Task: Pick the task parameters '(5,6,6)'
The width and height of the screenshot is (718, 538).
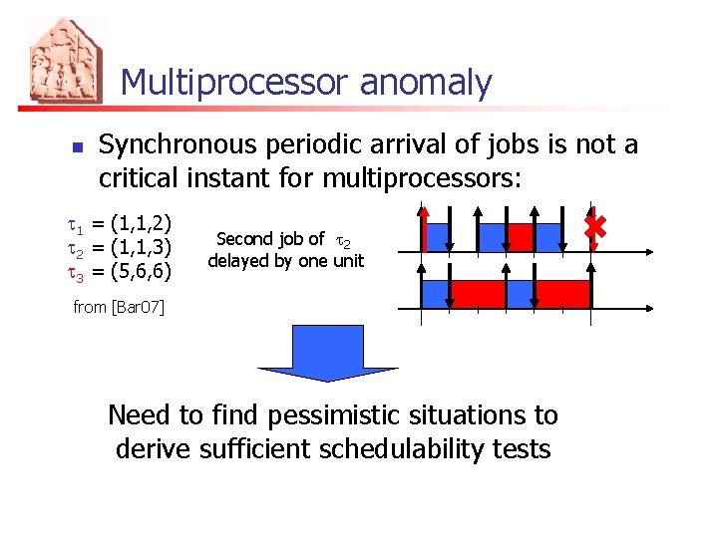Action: point(142,270)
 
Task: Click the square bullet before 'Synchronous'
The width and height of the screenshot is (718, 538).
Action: point(76,147)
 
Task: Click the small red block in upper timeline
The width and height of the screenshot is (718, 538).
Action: point(522,237)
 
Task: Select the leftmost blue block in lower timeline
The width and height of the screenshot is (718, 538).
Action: point(437,294)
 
